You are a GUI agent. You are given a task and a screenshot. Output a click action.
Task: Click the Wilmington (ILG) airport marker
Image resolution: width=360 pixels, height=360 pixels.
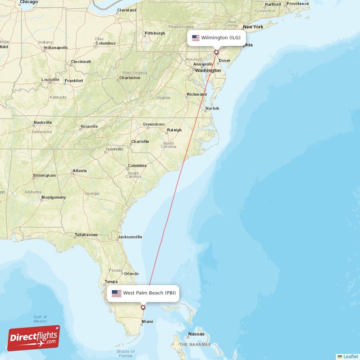coord(216,52)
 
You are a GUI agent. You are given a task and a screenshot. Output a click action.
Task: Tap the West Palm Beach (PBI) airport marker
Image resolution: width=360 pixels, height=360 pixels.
coord(143,308)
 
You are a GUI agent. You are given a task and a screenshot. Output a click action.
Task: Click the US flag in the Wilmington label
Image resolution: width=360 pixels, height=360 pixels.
coord(196,38)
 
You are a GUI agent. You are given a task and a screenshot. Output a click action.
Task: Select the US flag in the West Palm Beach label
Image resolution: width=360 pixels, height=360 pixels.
coord(117,293)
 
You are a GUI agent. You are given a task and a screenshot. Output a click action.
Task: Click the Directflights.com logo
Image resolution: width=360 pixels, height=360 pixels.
coord(34,338)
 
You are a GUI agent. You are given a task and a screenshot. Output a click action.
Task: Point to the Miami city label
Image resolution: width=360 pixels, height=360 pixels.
coord(147,321)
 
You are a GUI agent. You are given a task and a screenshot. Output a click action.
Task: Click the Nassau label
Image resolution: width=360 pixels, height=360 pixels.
coord(196,334)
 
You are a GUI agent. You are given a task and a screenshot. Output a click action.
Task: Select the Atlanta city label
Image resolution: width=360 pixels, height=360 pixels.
coord(80,171)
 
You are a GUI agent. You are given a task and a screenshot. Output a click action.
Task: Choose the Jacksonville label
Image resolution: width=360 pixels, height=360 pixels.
coord(130,237)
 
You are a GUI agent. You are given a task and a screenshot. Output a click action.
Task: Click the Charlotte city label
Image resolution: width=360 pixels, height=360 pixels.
coord(140,141)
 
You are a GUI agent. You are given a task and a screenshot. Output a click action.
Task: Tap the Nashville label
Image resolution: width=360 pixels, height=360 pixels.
coord(43,122)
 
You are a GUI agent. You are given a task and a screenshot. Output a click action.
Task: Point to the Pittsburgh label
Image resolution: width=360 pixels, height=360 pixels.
coord(155,33)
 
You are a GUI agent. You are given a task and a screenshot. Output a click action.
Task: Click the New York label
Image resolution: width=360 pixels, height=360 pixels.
coord(253,27)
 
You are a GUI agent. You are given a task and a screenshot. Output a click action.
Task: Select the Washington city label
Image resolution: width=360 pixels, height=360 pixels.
coord(208,70)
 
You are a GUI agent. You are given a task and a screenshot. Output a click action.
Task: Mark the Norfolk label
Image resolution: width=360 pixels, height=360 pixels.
coord(212,108)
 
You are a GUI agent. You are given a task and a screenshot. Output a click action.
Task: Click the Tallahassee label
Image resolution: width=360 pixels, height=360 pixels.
coord(86,234)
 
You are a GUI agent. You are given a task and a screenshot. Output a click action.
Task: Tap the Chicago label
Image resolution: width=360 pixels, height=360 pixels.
coord(29,2)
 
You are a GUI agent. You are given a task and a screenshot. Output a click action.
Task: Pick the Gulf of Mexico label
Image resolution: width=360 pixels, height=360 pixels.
coord(40,319)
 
